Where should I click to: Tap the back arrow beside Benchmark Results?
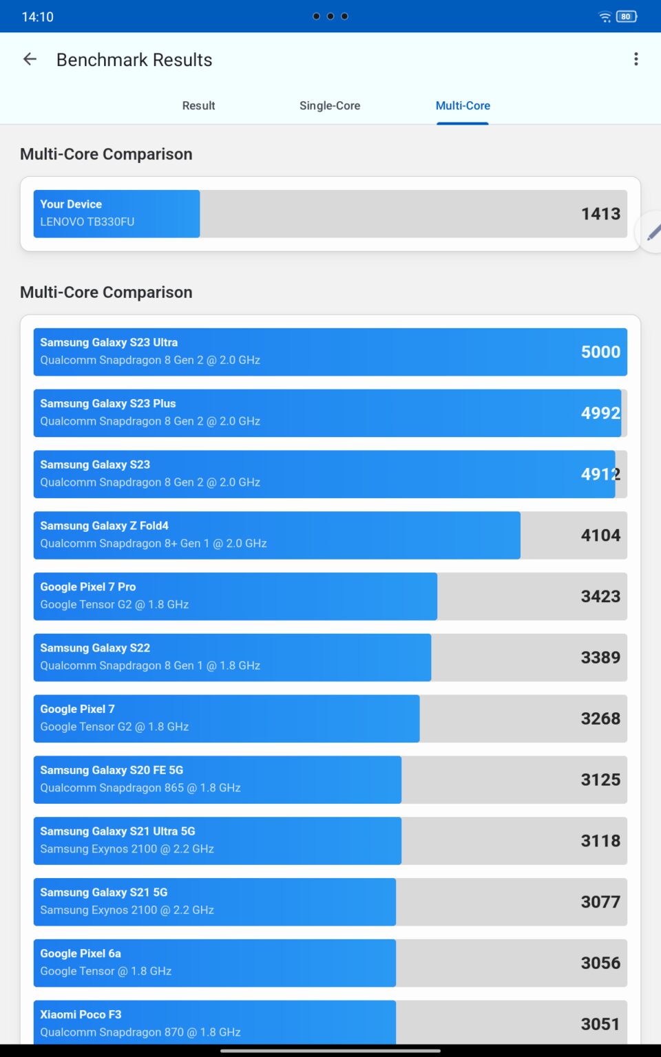coord(30,59)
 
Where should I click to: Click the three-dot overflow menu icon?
coord(636,59)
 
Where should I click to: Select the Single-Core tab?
coord(330,106)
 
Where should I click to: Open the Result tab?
coord(198,106)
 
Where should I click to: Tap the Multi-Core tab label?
coord(463,106)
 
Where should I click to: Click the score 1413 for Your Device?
coord(600,214)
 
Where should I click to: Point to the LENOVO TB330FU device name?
coord(87,222)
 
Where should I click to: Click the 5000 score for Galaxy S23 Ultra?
coord(600,352)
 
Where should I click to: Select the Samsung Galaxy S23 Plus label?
coord(107,403)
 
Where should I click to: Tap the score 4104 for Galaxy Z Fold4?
coord(600,535)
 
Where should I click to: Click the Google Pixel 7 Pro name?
coord(88,587)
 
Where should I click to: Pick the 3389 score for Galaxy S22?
coord(600,657)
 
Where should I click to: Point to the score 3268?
coord(600,718)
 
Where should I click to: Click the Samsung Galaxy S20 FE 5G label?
coord(112,770)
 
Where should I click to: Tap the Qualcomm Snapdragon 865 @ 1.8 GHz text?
coord(140,787)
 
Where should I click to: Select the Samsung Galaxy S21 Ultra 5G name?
coord(118,831)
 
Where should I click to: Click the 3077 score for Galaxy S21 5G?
coord(600,901)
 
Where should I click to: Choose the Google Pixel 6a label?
coord(81,953)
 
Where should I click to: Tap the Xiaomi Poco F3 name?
coord(81,1014)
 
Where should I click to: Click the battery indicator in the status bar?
coord(627,17)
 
